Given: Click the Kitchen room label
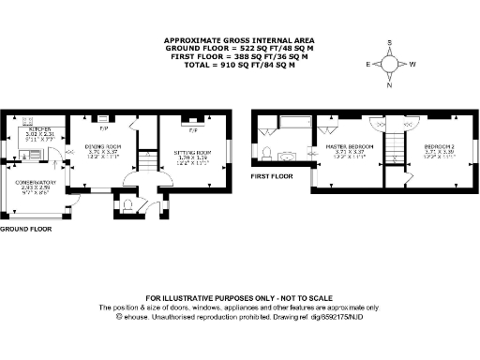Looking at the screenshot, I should [38, 130].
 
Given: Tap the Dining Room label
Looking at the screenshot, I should [105, 145].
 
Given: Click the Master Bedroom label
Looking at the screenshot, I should [349, 147].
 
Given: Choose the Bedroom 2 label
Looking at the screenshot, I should [441, 147].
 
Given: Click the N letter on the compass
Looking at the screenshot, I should [391, 84].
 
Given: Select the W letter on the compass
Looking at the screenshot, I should [412, 64].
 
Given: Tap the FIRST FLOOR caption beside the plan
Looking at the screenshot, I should [271, 173].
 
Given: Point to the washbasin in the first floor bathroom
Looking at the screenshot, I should [268, 152].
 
